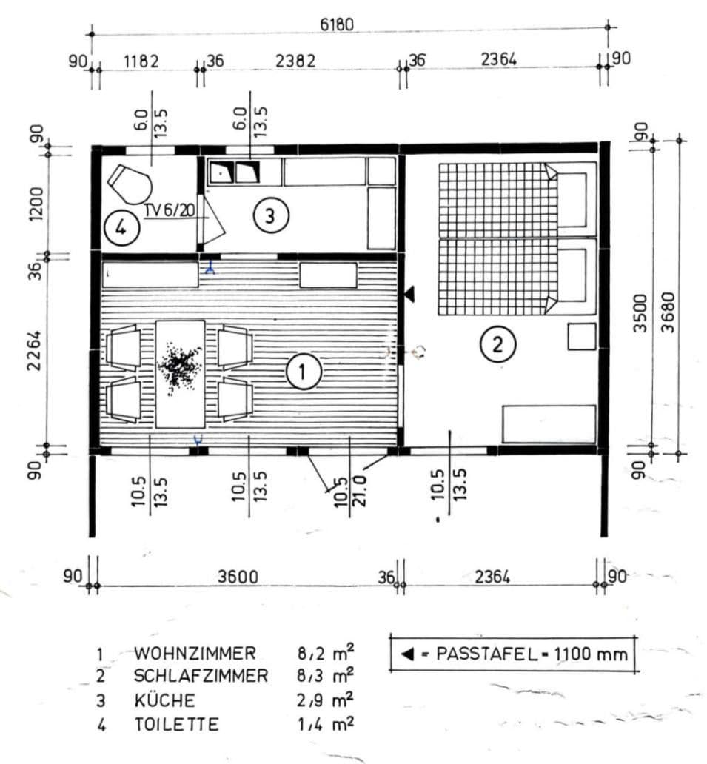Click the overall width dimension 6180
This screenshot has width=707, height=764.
[337, 24]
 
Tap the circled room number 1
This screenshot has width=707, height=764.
[304, 372]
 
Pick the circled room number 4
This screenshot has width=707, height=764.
[121, 227]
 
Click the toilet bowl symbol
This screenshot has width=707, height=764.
[130, 183]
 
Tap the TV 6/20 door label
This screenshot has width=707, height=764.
[170, 211]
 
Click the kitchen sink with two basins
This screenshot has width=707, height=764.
[233, 173]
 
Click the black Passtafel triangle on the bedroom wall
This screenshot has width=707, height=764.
[409, 294]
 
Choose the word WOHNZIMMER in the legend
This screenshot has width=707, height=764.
[195, 653]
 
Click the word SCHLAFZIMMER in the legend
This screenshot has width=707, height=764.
[201, 676]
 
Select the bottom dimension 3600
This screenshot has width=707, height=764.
[238, 577]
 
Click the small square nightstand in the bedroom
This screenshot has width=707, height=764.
[582, 336]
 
